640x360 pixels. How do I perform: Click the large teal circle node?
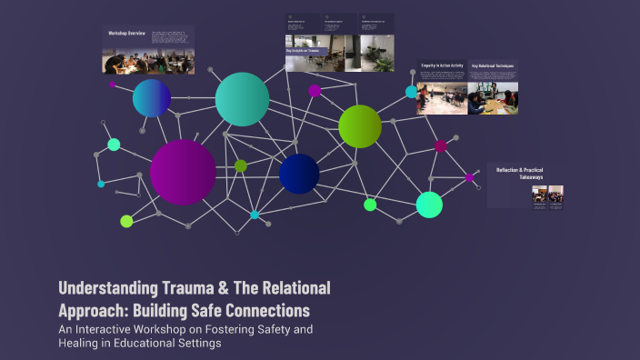tap(242, 99)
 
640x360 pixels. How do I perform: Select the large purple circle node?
tap(183, 172)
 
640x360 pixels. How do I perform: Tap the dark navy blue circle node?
tap(299, 174)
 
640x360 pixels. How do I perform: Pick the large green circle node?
tap(360, 126)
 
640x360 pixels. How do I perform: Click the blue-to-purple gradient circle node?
tap(152, 98)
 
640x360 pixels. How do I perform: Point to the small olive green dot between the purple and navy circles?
tap(241, 165)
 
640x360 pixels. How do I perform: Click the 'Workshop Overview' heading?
tap(127, 33)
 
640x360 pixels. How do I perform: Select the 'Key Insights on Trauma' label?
tap(304, 51)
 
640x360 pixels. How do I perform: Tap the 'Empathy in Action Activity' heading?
tap(442, 66)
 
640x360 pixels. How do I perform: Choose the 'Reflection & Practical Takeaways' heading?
tap(519, 173)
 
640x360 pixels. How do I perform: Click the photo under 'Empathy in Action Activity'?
tap(442, 97)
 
